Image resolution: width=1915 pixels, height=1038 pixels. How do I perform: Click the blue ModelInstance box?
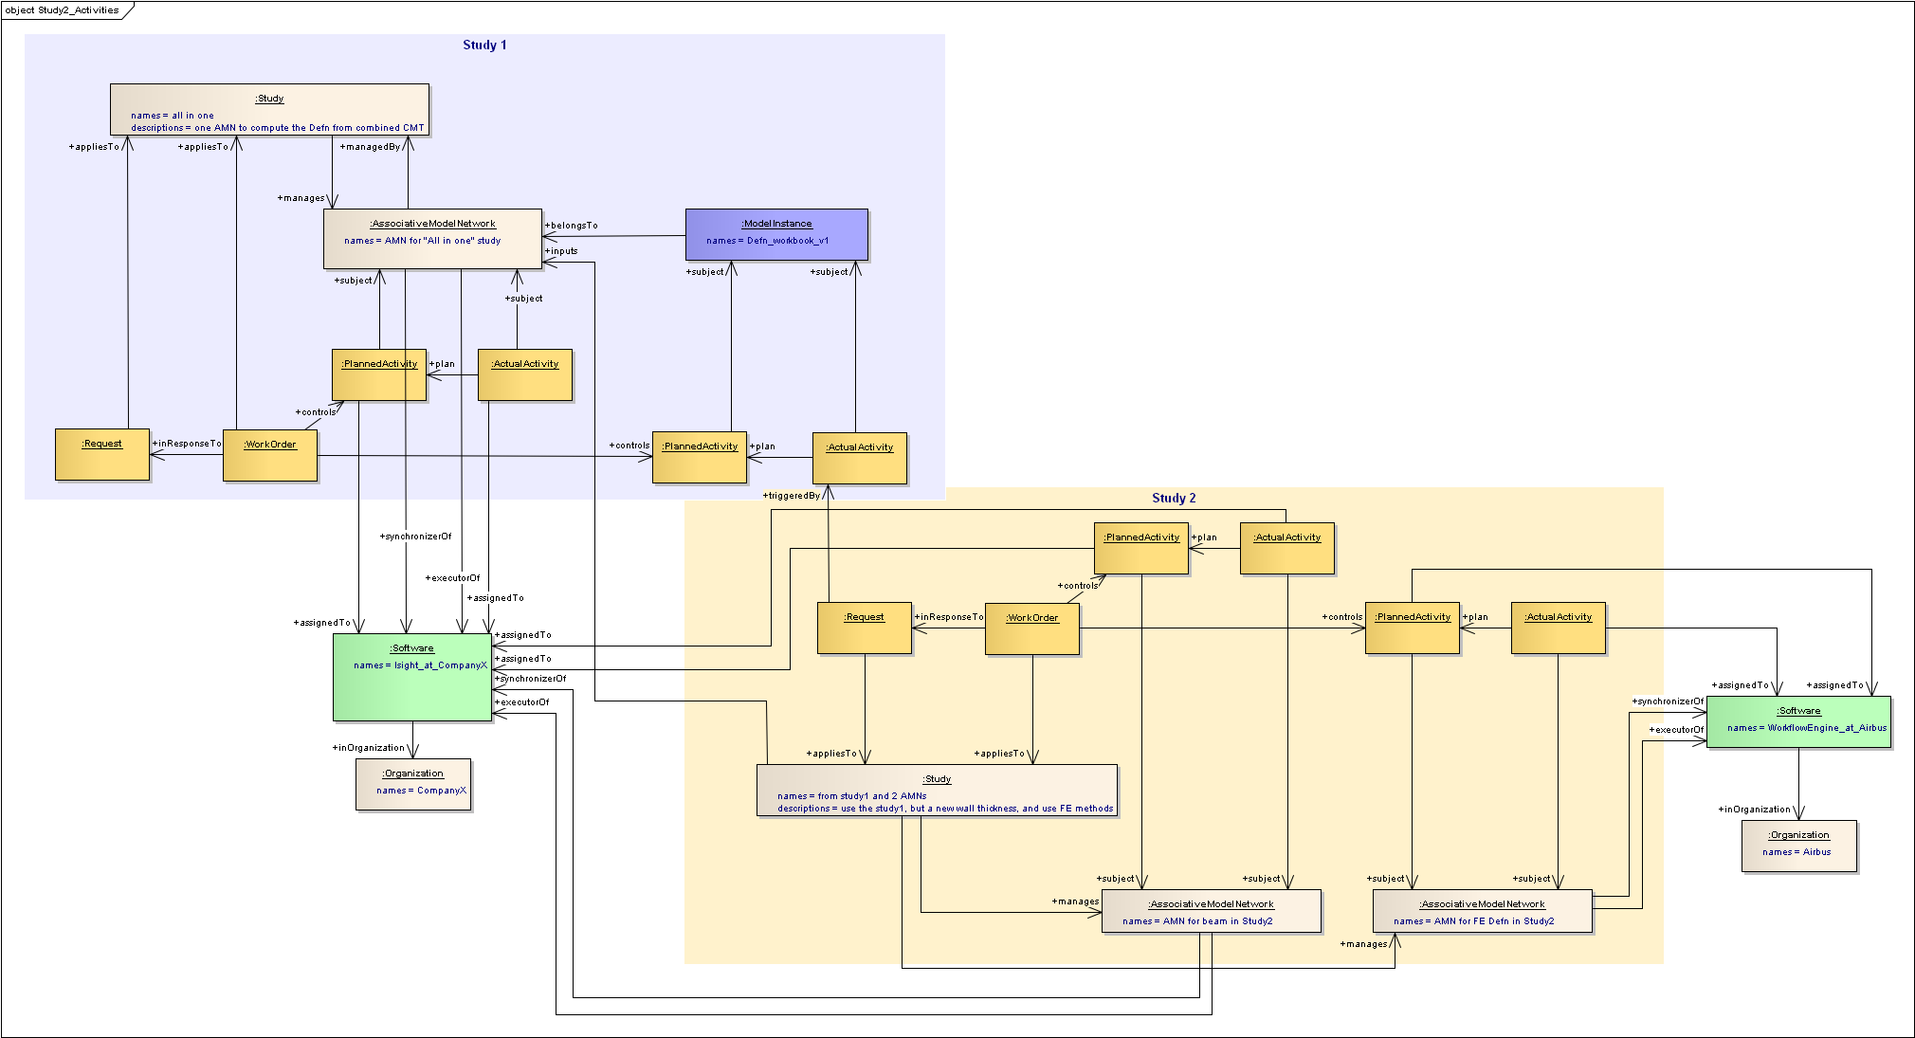click(x=776, y=234)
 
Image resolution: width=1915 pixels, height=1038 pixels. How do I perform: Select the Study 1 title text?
click(x=484, y=45)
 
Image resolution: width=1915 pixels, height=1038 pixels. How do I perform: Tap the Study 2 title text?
click(x=1174, y=498)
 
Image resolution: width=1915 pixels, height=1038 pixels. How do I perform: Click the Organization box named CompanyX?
click(x=413, y=784)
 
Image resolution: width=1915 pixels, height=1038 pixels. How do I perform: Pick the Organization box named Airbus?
click(x=1798, y=846)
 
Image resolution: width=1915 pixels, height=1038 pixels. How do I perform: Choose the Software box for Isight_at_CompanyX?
click(x=412, y=677)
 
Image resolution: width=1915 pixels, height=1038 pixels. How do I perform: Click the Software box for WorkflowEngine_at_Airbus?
click(x=1798, y=722)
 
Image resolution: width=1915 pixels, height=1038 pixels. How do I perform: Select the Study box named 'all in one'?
click(x=269, y=109)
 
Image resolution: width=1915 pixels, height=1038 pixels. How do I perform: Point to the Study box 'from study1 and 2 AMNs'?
click(x=937, y=790)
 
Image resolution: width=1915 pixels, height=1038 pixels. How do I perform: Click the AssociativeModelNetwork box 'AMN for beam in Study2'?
click(x=1211, y=911)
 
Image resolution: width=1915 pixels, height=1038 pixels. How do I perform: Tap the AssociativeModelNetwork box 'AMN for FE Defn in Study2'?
click(x=1482, y=911)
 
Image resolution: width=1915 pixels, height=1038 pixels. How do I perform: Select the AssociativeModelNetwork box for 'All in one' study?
click(x=432, y=239)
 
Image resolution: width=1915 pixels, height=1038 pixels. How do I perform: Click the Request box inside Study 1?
click(x=102, y=454)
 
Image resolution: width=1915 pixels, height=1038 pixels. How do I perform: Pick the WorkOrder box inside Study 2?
click(x=1032, y=628)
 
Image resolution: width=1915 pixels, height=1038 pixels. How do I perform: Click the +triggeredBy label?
click(x=793, y=496)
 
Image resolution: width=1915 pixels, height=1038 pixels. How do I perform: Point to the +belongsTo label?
click(x=573, y=226)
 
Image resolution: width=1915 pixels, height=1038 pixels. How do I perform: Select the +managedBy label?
click(x=372, y=147)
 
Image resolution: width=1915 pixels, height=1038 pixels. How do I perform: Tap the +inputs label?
click(x=562, y=251)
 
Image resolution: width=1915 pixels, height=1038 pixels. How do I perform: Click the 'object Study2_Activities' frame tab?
click(x=64, y=10)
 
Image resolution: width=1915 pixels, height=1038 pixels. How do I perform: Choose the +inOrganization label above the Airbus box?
click(x=1755, y=810)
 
